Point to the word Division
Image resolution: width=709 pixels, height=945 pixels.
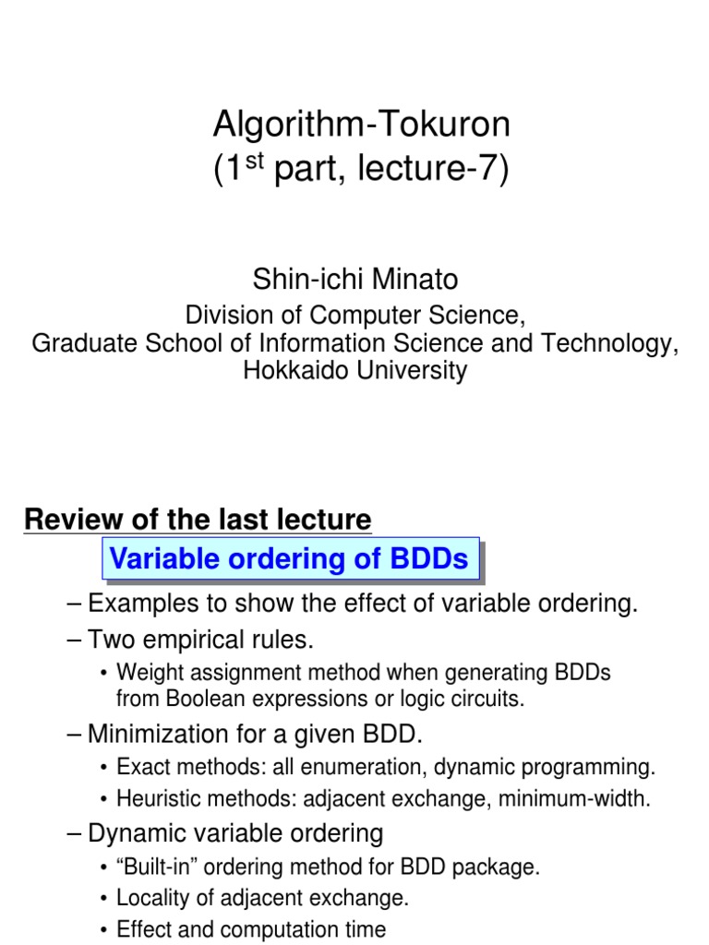point(231,315)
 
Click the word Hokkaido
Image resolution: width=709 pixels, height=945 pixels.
point(291,371)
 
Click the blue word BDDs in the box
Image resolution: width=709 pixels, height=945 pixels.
point(427,558)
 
